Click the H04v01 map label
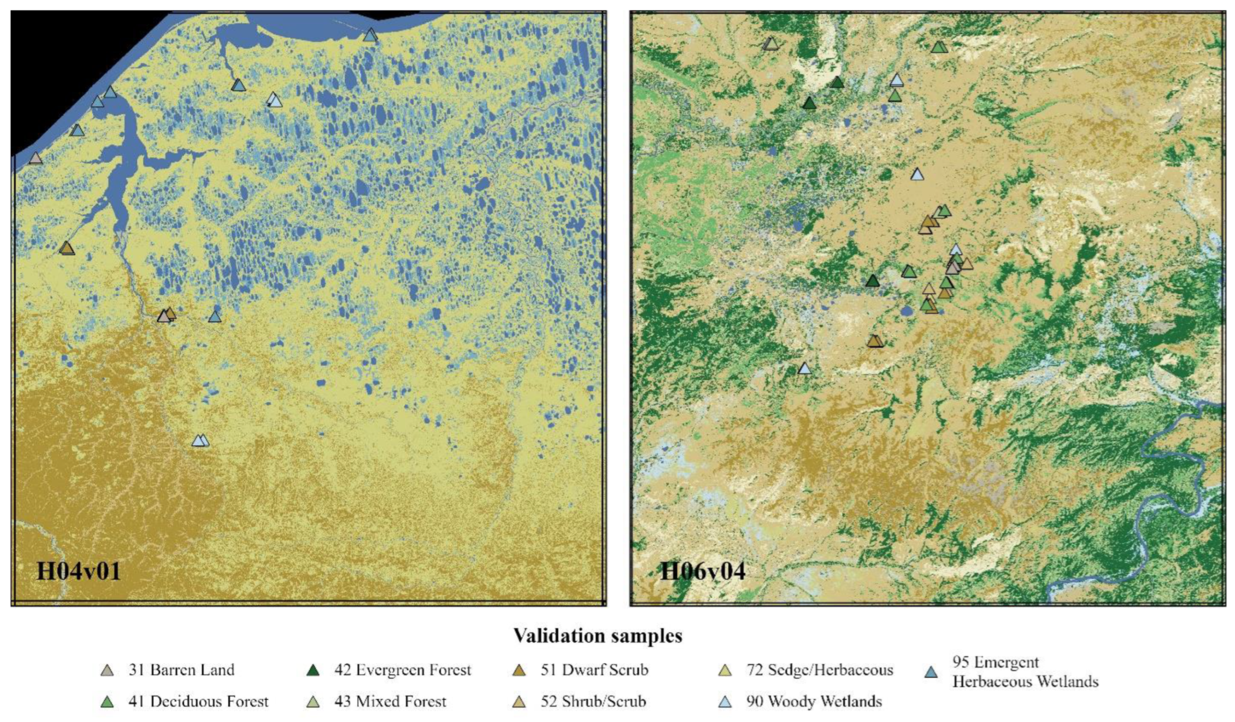pyautogui.click(x=79, y=571)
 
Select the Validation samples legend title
pyautogui.click(x=597, y=636)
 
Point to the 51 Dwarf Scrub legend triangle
pyautogui.click(x=519, y=671)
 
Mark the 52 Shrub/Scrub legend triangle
pyautogui.click(x=519, y=702)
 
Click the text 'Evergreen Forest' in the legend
pyautogui.click(x=413, y=670)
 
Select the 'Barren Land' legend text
pyautogui.click(x=192, y=670)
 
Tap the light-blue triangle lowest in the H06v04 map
pyautogui.click(x=804, y=369)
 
